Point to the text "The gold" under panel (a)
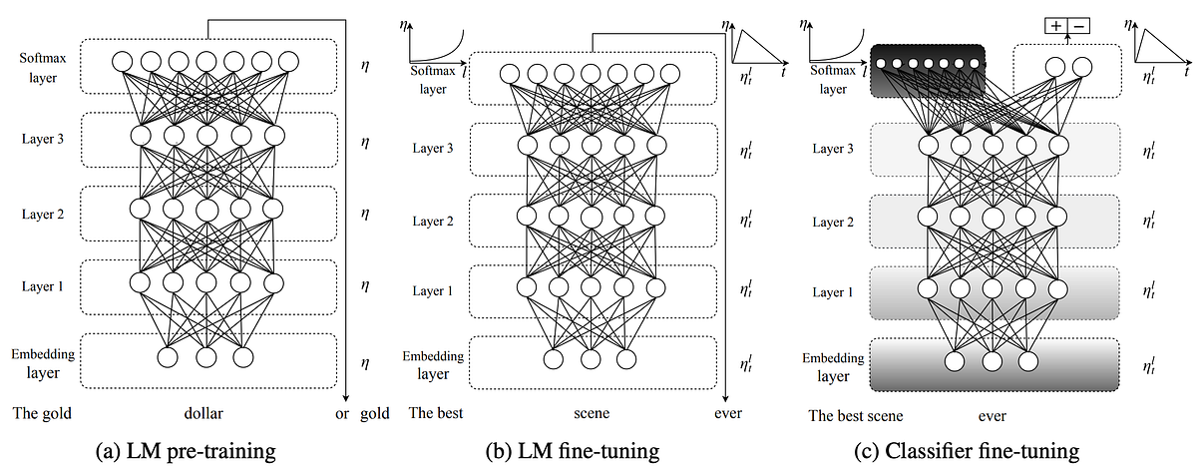[x=42, y=412]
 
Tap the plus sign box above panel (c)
[x=1056, y=27]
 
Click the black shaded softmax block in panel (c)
[x=928, y=70]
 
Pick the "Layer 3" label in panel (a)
[x=43, y=139]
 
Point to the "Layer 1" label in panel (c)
[x=834, y=291]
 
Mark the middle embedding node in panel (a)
[x=205, y=356]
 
